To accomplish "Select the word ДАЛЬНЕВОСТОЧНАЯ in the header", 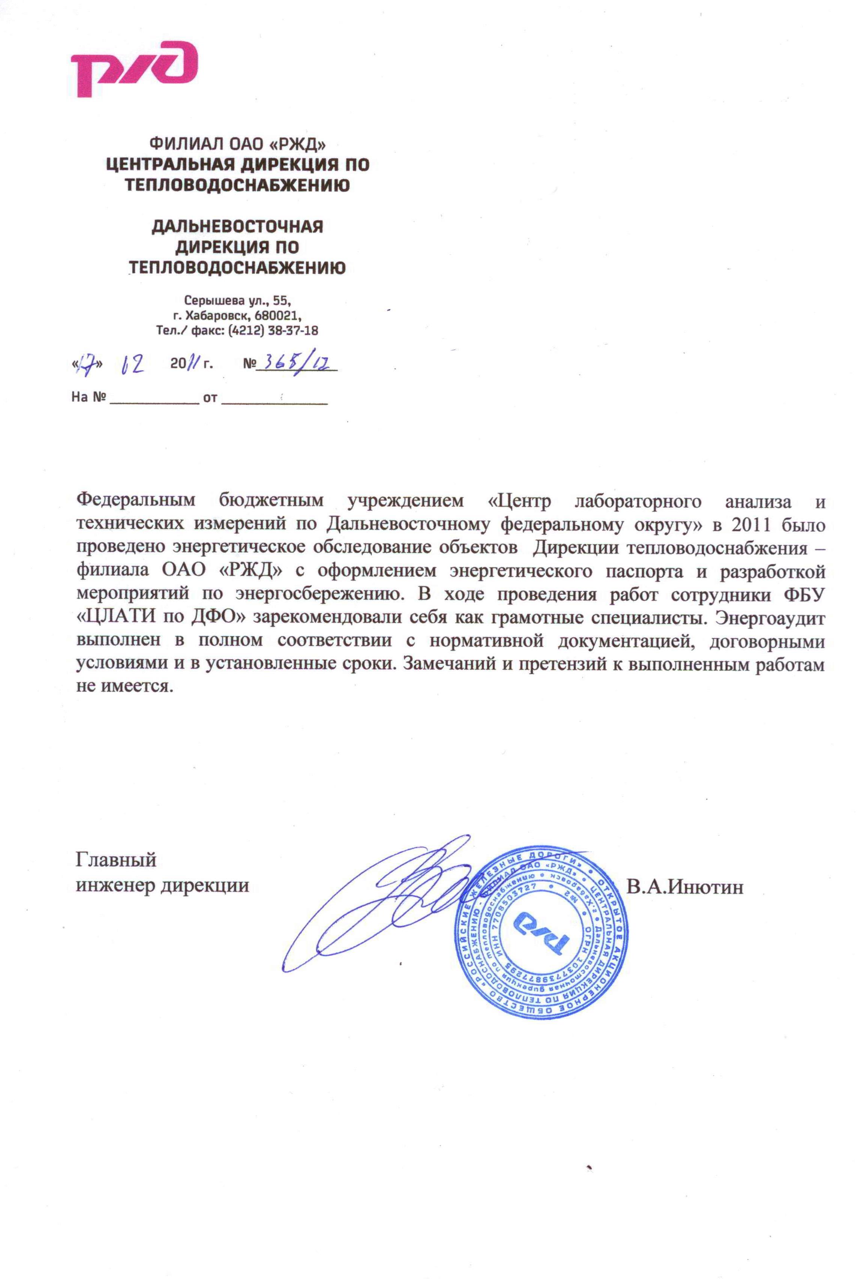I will click(237, 226).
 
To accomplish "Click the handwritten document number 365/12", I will click(296, 363).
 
